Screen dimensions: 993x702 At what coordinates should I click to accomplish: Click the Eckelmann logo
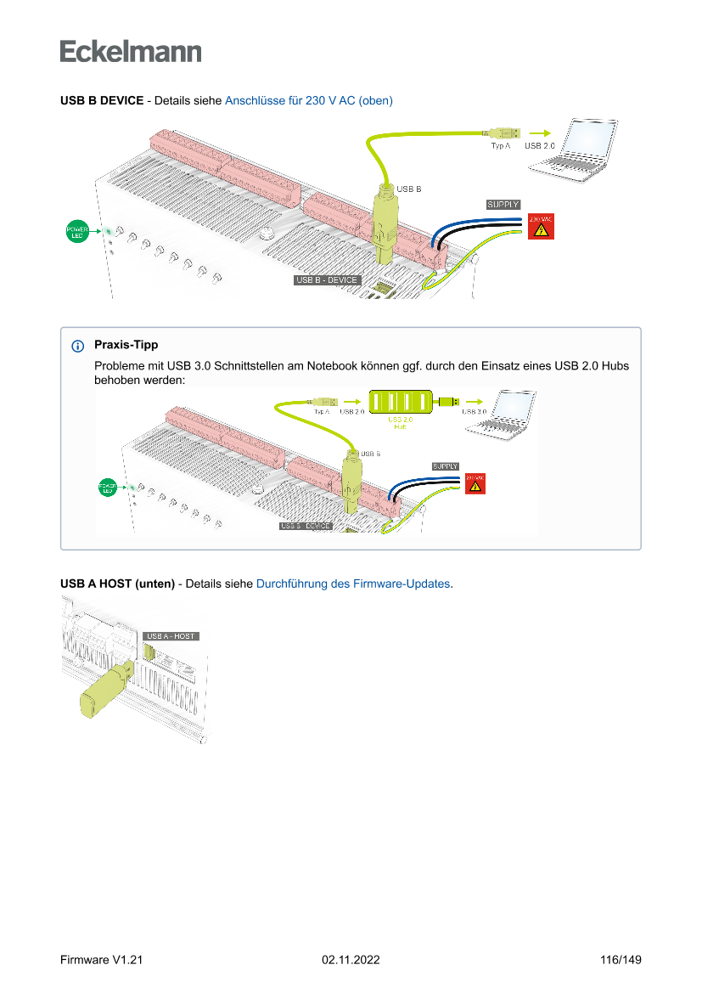click(131, 52)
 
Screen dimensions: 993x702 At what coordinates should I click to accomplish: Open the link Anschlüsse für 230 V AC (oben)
click(308, 100)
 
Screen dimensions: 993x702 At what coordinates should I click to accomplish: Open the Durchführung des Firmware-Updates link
click(353, 584)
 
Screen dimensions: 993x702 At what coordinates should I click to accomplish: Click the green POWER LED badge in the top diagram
click(78, 230)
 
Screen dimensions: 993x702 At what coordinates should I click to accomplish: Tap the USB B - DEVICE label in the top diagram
click(327, 280)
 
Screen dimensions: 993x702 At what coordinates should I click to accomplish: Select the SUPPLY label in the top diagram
click(503, 205)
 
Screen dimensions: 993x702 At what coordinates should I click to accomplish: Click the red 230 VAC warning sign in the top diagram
click(540, 227)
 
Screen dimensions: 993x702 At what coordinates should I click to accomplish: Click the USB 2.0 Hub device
click(401, 401)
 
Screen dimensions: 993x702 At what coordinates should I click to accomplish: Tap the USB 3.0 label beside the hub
click(474, 411)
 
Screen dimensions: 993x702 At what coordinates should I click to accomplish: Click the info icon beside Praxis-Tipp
click(78, 346)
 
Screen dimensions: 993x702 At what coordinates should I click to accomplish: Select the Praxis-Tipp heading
click(126, 346)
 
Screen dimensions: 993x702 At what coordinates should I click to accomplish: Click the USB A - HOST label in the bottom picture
click(171, 635)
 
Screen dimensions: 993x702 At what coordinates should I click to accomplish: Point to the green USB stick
click(104, 690)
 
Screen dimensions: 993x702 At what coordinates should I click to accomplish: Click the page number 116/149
click(621, 960)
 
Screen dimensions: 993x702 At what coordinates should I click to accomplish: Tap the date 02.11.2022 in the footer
click(351, 960)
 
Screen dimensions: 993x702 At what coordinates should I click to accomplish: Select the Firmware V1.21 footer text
click(101, 960)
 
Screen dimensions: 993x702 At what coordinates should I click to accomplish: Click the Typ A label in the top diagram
click(501, 146)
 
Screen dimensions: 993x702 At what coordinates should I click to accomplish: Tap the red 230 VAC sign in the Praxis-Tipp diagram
click(475, 482)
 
